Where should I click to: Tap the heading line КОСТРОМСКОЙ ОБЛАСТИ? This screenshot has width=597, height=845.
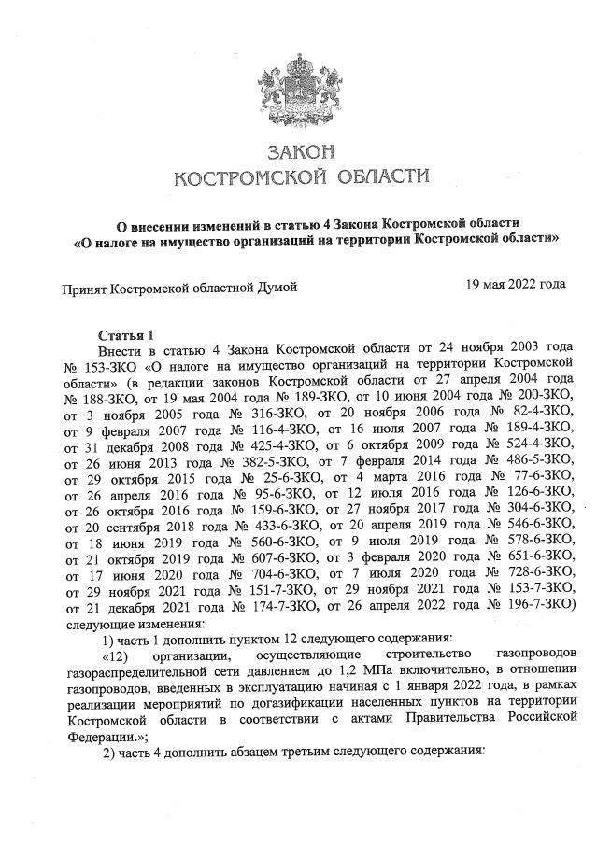[300, 177]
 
